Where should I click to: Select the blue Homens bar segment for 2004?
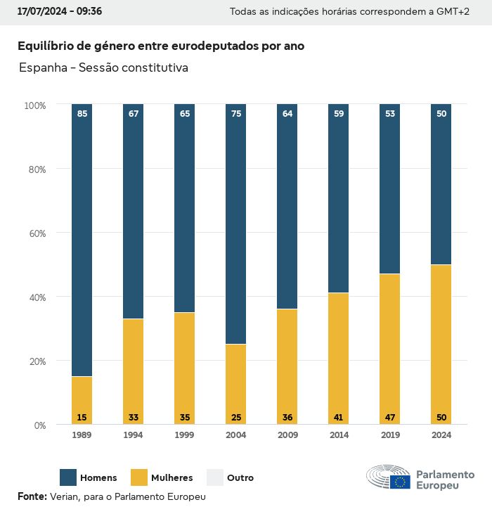pyautogui.click(x=236, y=225)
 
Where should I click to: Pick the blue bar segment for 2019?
pyautogui.click(x=389, y=190)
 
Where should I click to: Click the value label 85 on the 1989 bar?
pyautogui.click(x=82, y=113)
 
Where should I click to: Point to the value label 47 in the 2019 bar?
pyautogui.click(x=389, y=417)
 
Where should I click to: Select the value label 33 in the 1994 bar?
pyautogui.click(x=134, y=417)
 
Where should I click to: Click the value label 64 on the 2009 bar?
pyautogui.click(x=287, y=113)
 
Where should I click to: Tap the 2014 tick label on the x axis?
pyautogui.click(x=339, y=435)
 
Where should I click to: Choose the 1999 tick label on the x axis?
pyautogui.click(x=185, y=435)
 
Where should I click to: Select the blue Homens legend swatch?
pyautogui.click(x=68, y=477)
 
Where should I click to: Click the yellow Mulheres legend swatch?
pyautogui.click(x=139, y=477)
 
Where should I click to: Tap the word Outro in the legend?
pyautogui.click(x=240, y=478)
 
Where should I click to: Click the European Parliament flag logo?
pyautogui.click(x=401, y=482)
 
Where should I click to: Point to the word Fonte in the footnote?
pyautogui.click(x=32, y=496)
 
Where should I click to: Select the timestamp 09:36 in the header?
pyautogui.click(x=90, y=12)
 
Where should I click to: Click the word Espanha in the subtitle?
pyautogui.click(x=43, y=68)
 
